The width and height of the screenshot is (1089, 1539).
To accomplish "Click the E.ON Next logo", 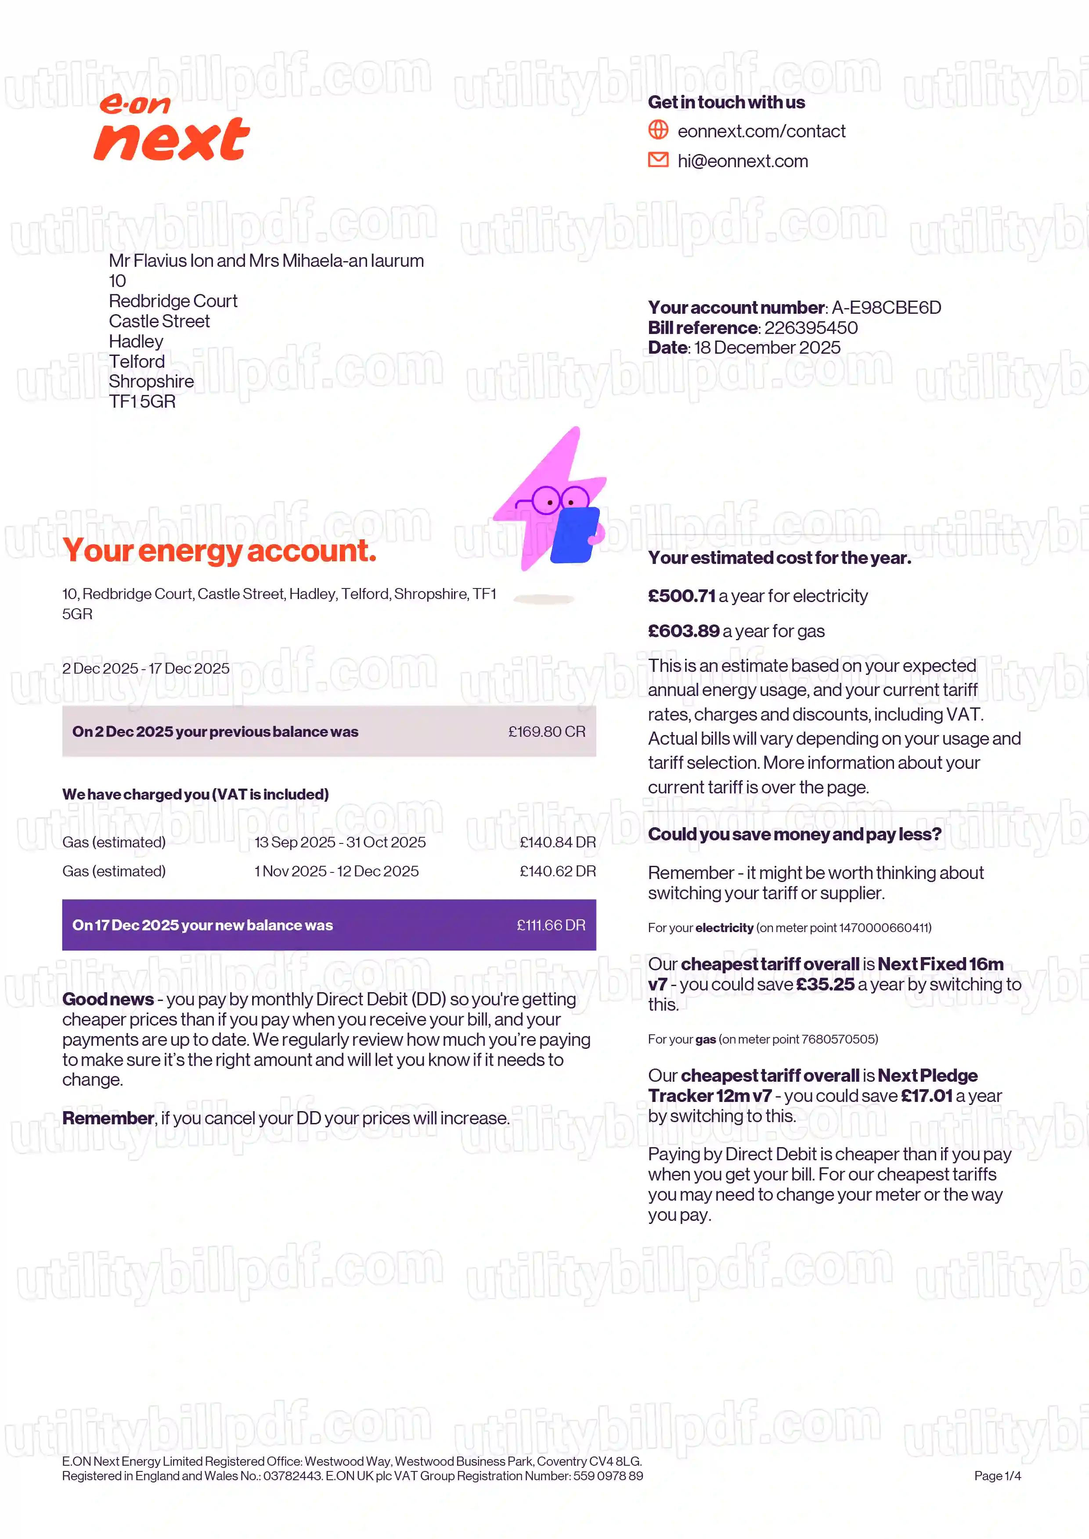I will point(172,127).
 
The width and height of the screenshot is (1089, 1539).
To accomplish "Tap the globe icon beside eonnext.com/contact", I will point(658,129).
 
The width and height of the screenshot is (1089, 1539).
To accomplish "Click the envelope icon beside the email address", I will point(658,160).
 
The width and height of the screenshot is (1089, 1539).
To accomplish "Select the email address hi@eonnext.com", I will point(742,161).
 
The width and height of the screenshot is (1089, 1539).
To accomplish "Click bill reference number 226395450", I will point(811,328).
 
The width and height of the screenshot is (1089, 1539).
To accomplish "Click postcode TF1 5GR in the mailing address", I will point(142,402).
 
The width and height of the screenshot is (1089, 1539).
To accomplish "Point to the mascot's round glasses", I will point(560,499).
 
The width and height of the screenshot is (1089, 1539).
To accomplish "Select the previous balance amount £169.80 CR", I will point(547,731).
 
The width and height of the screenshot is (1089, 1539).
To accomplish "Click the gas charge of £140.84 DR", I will point(557,842).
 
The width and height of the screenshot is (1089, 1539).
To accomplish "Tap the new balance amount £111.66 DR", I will point(551,925).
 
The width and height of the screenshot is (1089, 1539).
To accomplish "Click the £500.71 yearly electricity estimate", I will point(682,596).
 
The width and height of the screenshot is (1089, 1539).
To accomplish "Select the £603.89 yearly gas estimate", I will point(683,631).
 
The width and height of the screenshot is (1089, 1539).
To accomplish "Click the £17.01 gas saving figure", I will point(926,1096).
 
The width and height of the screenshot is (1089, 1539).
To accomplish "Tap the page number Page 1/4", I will point(997,1475).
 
